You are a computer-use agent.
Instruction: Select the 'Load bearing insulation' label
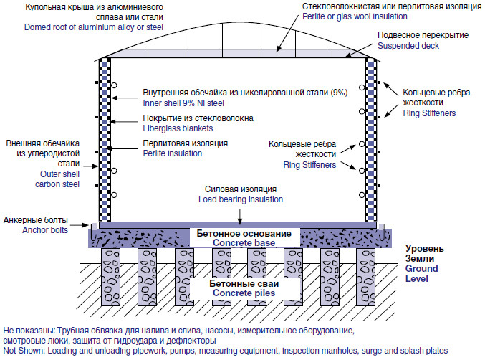241,199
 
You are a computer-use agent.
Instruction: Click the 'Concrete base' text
241,244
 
